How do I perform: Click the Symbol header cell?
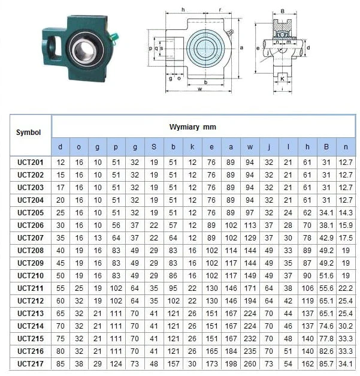[28, 133]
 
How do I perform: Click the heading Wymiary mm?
[192, 127]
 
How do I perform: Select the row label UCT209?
[31, 263]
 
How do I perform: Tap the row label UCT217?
[31, 364]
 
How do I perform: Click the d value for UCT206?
[60, 225]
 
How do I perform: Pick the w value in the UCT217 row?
[250, 364]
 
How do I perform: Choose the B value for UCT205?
[326, 213]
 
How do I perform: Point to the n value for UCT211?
[346, 288]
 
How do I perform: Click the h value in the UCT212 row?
[307, 301]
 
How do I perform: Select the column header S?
[154, 147]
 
